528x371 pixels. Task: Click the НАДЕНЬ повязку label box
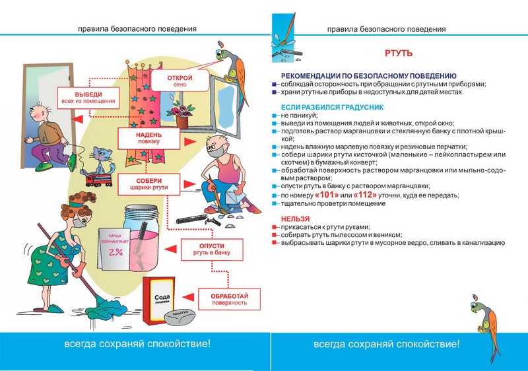coord(148,137)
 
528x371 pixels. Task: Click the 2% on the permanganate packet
coord(117,253)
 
